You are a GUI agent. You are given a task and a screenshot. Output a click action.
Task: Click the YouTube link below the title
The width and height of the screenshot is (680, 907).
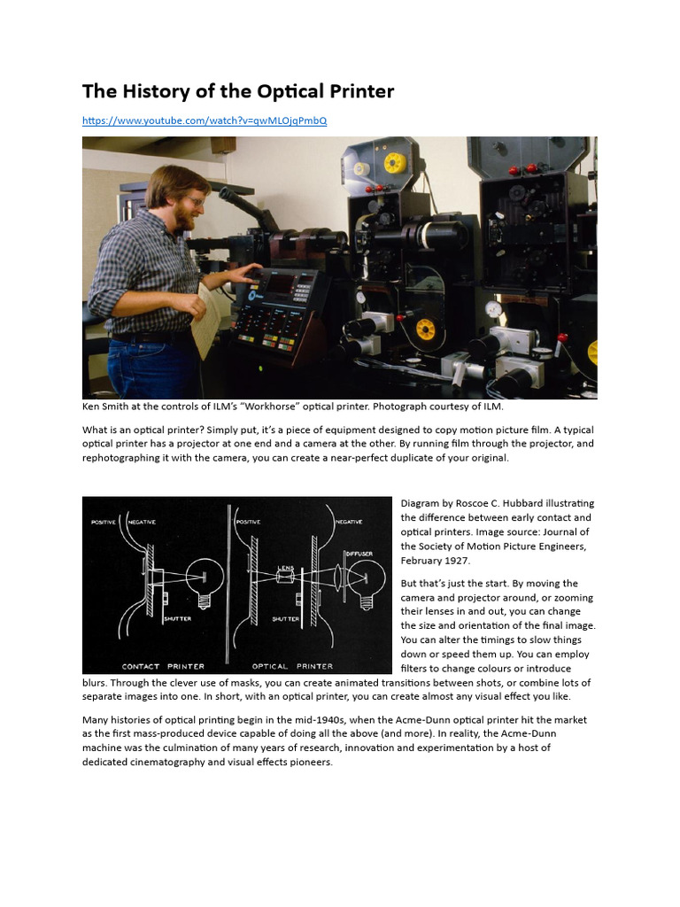tap(205, 120)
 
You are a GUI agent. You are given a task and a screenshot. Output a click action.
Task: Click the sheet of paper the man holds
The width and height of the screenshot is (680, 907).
tap(211, 320)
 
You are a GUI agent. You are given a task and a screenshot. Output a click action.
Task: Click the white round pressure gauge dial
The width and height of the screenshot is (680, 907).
tap(493, 309)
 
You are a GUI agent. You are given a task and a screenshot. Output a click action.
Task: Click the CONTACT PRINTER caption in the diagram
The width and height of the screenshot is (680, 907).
tap(163, 666)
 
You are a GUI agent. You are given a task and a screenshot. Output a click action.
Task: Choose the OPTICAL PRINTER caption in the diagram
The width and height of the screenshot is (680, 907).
tap(293, 666)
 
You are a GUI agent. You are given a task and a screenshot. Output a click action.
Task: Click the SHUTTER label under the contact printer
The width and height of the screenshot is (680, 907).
tap(177, 619)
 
